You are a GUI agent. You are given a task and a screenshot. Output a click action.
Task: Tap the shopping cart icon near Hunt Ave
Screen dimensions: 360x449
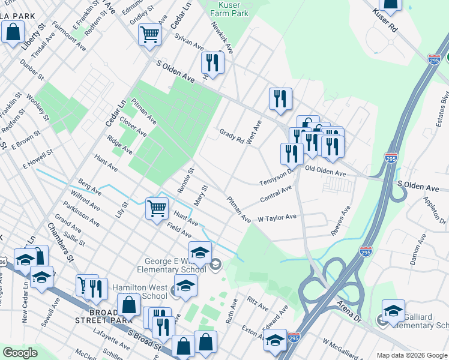(x=157, y=209)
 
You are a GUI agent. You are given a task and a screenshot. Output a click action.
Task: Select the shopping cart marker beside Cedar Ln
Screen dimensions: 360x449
(x=149, y=34)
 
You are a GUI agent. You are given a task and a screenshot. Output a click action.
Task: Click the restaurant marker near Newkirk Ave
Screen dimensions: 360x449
(x=212, y=62)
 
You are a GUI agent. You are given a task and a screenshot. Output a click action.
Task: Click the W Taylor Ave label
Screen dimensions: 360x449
(x=277, y=217)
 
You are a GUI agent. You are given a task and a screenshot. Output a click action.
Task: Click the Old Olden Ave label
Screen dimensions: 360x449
(x=326, y=172)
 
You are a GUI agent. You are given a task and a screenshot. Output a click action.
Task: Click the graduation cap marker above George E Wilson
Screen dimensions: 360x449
(x=200, y=252)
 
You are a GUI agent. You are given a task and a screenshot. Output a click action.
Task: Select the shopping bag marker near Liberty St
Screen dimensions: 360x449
(x=13, y=32)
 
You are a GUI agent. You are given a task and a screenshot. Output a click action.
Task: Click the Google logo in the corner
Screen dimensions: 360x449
(x=20, y=353)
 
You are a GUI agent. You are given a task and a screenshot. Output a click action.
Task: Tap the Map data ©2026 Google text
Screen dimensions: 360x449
(x=412, y=355)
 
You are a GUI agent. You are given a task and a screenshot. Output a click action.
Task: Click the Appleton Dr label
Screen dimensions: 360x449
(x=436, y=209)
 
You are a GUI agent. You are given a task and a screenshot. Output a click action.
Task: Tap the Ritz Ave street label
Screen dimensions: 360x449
(x=258, y=303)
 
